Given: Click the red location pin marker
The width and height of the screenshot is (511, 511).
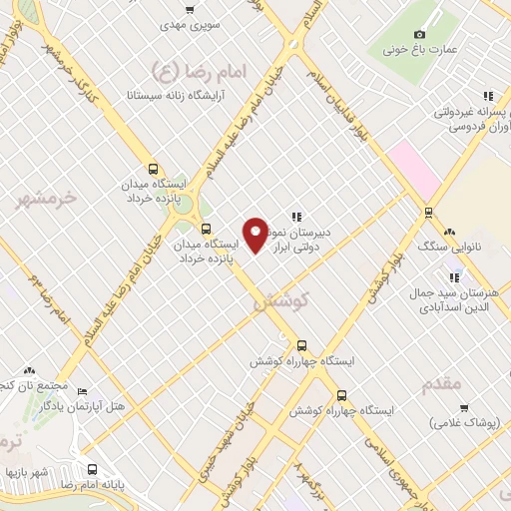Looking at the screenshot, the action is (x=255, y=235).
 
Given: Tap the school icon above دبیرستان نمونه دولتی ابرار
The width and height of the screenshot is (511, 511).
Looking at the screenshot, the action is (x=296, y=216).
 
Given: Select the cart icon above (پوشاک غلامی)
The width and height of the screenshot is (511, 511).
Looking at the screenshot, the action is (x=464, y=407).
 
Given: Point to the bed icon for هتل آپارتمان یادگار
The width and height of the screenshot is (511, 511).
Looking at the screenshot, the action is (x=83, y=391).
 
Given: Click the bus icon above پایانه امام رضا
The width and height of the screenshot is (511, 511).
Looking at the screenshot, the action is (x=92, y=469).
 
